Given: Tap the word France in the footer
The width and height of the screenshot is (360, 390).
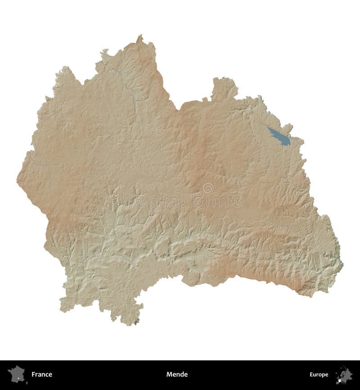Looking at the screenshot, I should tap(42, 374).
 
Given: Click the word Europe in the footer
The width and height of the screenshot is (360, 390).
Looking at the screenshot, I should tap(319, 374).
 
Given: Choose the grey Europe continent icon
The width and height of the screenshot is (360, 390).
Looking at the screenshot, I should tap(344, 374).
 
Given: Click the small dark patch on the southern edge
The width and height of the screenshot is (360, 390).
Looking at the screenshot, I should tap(136, 321).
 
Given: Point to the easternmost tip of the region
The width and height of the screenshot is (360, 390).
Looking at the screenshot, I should tap(342, 265).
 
